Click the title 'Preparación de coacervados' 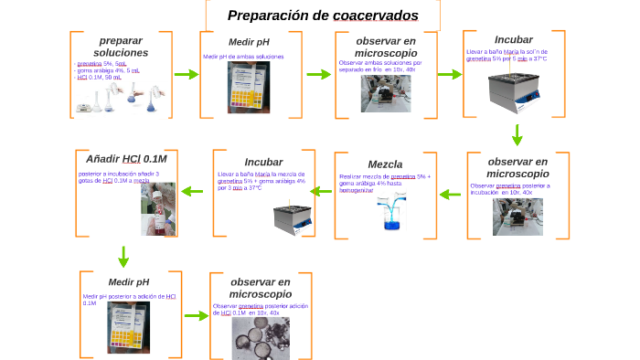point(323,16)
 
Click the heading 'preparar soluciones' point(121,47)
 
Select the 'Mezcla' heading point(385,164)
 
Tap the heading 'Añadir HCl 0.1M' point(126,158)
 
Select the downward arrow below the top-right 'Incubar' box point(517,134)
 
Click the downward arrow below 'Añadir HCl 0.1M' point(123,256)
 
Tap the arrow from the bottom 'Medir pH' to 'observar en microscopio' point(197,316)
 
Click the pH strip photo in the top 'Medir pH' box point(249,88)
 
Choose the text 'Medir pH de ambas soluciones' point(243,57)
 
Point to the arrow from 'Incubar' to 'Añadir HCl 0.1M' point(192,191)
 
